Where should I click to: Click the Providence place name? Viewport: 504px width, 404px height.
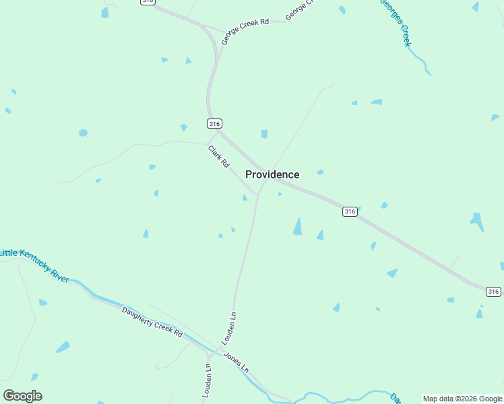(272, 174)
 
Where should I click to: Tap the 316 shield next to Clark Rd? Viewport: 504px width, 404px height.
(214, 123)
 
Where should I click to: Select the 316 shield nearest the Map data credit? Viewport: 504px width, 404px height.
(493, 292)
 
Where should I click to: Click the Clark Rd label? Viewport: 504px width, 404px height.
(219, 157)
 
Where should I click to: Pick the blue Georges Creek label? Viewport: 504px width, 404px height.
(396, 22)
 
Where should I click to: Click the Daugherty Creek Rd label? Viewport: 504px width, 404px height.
(152, 323)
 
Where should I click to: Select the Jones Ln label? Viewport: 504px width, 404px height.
(236, 362)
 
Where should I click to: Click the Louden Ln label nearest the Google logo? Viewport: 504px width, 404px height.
(208, 380)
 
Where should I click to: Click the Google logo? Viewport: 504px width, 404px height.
(23, 396)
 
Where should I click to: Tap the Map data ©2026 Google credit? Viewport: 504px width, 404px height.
(462, 399)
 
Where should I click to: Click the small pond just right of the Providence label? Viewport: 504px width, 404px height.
(320, 172)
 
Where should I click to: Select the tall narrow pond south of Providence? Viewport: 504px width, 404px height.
(297, 226)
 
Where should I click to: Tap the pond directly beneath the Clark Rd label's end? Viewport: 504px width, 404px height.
(245, 197)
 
